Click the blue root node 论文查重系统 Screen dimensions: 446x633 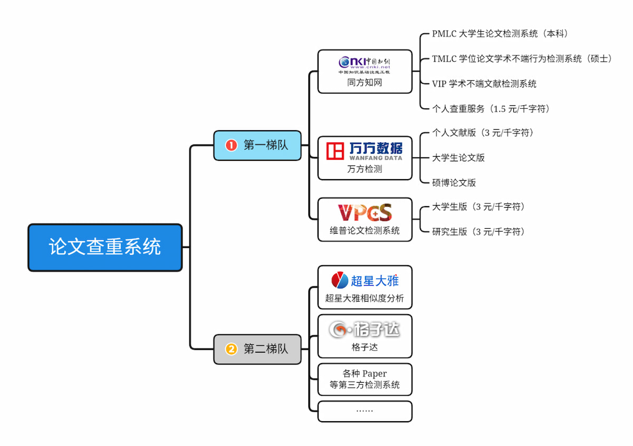[x=105, y=247]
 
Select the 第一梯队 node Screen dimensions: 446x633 [x=257, y=146]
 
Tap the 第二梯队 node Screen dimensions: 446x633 [x=257, y=349]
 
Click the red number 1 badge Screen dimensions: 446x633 [x=231, y=146]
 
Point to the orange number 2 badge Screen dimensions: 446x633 [x=231, y=349]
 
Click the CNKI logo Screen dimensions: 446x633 [x=365, y=64]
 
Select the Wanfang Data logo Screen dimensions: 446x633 [x=365, y=151]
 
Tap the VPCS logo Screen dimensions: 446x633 [x=365, y=212]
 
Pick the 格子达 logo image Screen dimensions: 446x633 [x=365, y=329]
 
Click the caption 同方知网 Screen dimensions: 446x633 [x=365, y=83]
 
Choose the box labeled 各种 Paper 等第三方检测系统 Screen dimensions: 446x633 [x=365, y=380]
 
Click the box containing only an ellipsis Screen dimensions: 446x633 [x=365, y=411]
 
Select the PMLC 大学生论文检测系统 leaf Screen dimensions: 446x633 [x=500, y=34]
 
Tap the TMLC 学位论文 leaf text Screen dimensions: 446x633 [x=522, y=59]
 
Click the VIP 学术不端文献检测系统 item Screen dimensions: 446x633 [x=484, y=83]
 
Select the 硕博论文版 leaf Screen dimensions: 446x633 [x=454, y=182]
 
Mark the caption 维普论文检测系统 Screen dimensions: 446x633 [x=365, y=230]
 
